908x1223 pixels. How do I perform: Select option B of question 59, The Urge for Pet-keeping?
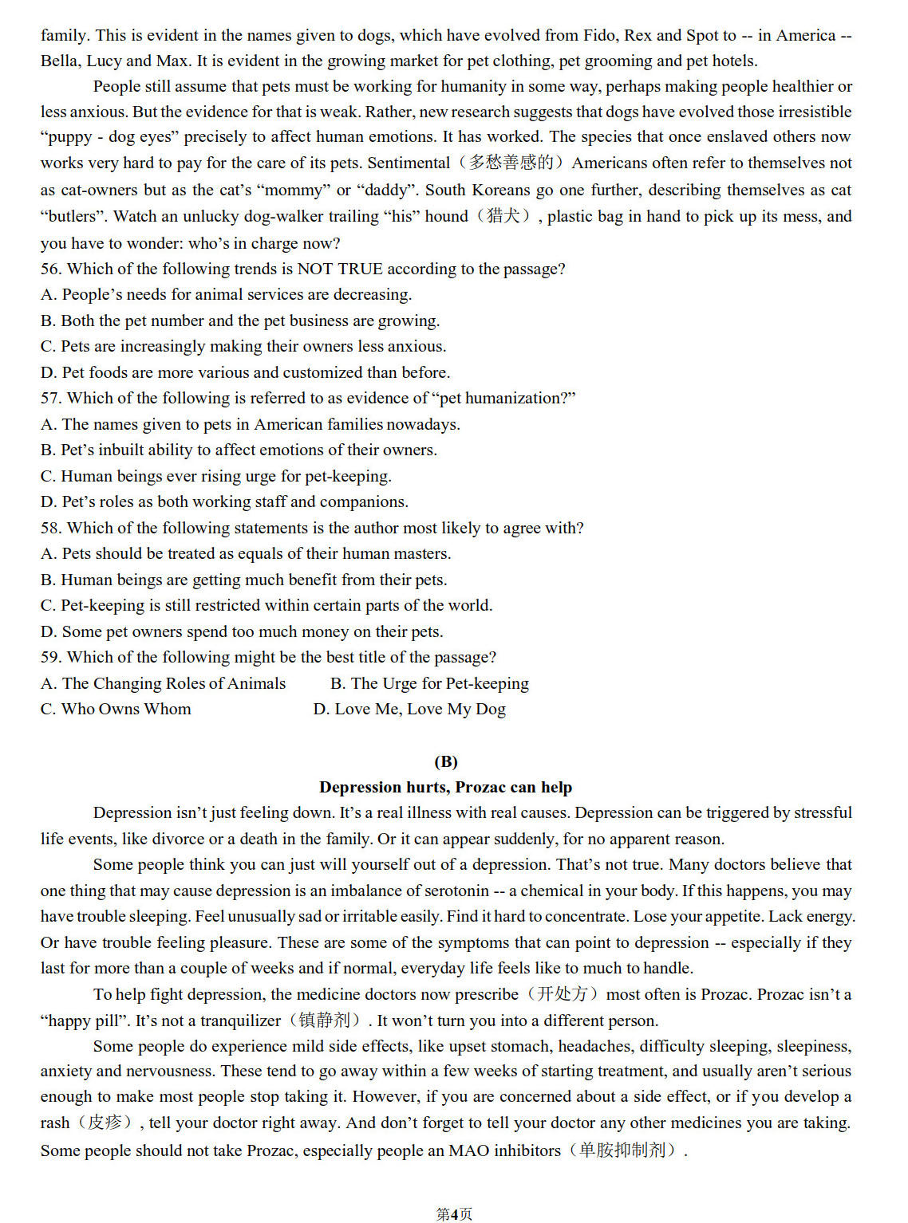pyautogui.click(x=429, y=683)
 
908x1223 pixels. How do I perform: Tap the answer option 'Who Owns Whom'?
pyautogui.click(x=125, y=709)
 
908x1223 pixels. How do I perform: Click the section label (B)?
pyautogui.click(x=445, y=761)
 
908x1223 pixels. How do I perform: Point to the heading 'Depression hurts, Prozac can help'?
pyautogui.click(x=445, y=787)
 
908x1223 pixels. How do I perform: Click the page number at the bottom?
pyautogui.click(x=454, y=1214)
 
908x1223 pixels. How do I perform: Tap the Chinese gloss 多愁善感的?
pyautogui.click(x=511, y=163)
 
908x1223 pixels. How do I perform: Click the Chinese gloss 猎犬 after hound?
pyautogui.click(x=503, y=216)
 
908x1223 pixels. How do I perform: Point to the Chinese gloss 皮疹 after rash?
pyautogui.click(x=105, y=1123)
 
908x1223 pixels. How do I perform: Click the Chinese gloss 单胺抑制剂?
pyautogui.click(x=622, y=1150)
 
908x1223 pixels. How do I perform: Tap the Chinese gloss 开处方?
pyautogui.click(x=562, y=994)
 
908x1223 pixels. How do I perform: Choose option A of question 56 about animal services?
pyautogui.click(x=227, y=295)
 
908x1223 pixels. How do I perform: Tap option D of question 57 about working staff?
pyautogui.click(x=225, y=501)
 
